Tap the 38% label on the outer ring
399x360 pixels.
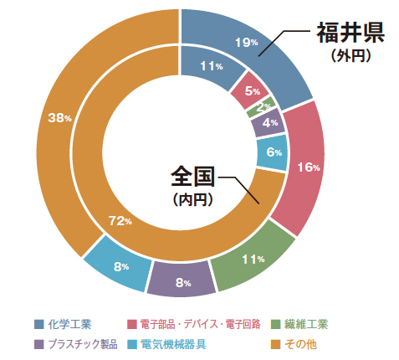(x=59, y=118)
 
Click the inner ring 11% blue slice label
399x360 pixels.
(x=212, y=66)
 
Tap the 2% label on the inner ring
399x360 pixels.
(x=263, y=107)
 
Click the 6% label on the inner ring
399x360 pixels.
(x=274, y=152)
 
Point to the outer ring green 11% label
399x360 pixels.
(x=253, y=260)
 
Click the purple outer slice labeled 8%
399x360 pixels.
(x=182, y=283)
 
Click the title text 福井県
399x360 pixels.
(x=349, y=33)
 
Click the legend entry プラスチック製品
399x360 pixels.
(x=82, y=343)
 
